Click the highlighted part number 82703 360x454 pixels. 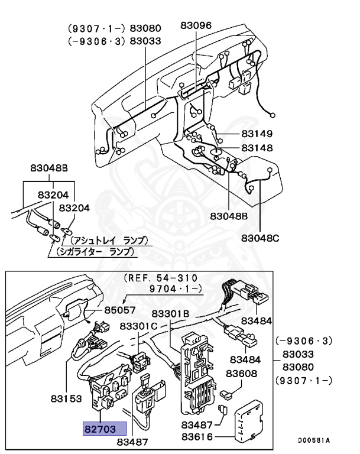(x=104, y=428)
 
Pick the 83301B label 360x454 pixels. (x=170, y=313)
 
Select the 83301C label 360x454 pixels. (x=138, y=326)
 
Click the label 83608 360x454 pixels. (x=243, y=373)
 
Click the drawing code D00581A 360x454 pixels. (x=313, y=440)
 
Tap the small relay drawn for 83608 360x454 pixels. (x=225, y=392)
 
